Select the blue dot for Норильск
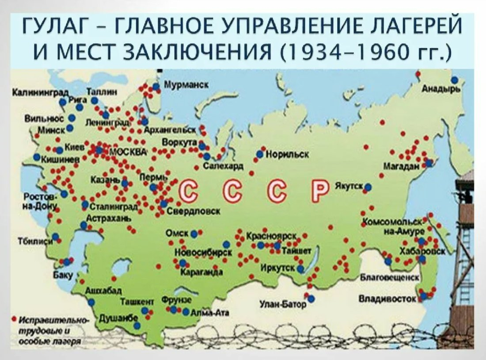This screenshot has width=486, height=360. [x=260, y=154]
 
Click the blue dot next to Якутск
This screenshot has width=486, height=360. [x=368, y=187]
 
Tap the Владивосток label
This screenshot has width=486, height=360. [x=387, y=299]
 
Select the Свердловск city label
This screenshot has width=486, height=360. [x=194, y=211]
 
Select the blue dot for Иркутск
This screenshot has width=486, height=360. [x=300, y=268]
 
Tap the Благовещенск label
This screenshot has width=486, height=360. [x=389, y=278]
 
